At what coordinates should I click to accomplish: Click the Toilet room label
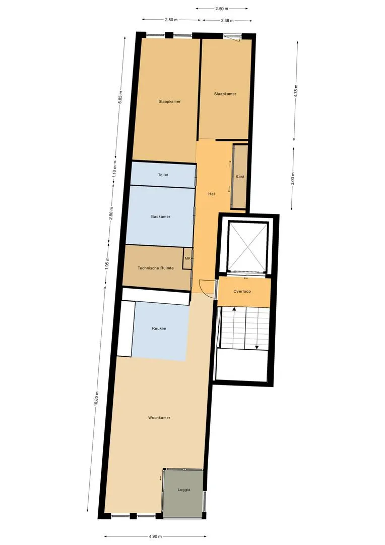coord(163,175)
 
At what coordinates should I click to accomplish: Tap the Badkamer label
coord(161,216)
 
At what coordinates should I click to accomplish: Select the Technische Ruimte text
coord(156,268)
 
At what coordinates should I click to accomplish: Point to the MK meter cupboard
coord(188,258)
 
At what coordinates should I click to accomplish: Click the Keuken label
coord(159,329)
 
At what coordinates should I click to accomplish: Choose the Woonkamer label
coord(159,418)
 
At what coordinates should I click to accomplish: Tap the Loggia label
coord(184,489)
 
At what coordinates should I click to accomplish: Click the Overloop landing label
coord(242,291)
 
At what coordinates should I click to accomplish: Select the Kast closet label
coord(240,177)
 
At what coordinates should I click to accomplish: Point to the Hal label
coord(212,194)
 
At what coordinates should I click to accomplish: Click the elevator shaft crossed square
coord(247,246)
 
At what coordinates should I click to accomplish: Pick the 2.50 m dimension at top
coord(222,9)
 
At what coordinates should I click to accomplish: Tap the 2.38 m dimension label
coord(227,21)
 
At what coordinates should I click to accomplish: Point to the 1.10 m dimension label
coord(115,172)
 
